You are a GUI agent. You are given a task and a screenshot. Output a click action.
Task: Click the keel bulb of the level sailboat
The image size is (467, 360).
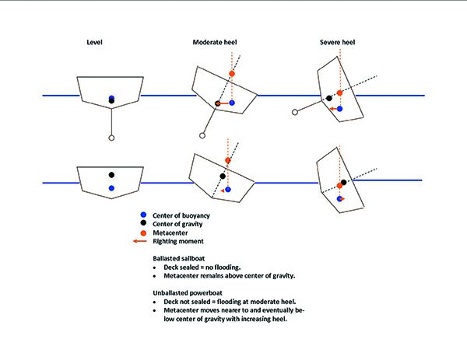[x=112, y=137]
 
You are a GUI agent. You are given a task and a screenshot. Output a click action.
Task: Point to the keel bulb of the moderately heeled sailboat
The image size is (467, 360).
[x=202, y=135]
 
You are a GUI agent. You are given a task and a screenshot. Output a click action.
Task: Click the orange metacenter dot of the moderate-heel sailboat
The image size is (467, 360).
[x=231, y=73]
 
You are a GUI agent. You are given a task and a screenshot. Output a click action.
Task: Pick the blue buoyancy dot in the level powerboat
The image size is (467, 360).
[x=112, y=188]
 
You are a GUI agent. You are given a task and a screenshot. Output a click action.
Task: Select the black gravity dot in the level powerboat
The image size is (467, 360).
[x=112, y=175]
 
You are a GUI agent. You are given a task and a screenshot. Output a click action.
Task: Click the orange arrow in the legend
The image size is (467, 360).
[x=141, y=241]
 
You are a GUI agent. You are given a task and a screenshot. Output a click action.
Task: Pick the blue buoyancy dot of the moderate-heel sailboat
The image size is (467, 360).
[x=231, y=103]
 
